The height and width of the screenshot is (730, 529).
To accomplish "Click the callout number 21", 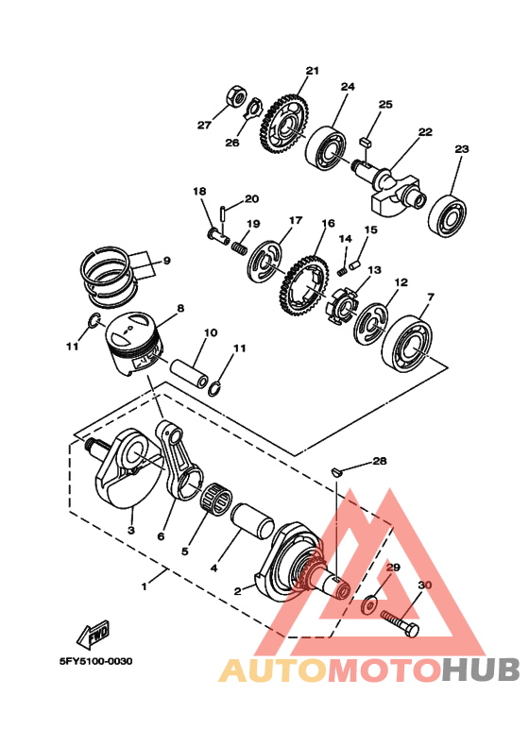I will click(313, 71).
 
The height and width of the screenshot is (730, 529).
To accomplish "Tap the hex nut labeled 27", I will click(237, 99).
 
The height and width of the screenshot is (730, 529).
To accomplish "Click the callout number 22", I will click(425, 132).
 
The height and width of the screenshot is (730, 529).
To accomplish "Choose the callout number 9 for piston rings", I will click(165, 261).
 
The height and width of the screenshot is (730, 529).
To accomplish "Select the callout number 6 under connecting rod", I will click(161, 536).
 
